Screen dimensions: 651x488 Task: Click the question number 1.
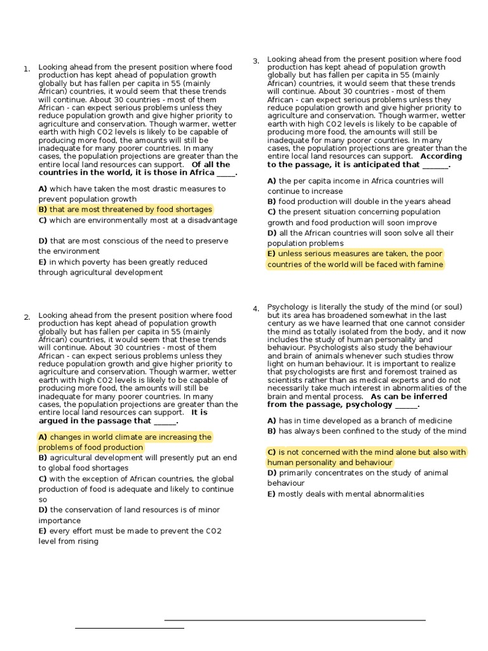[x=27, y=69]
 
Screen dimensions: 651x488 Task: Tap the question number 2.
[x=27, y=317]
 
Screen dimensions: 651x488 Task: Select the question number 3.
[x=255, y=62]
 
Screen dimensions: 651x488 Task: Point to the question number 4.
[x=255, y=309]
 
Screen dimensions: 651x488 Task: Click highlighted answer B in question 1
[x=125, y=209]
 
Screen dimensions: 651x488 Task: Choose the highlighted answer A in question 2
[x=125, y=442]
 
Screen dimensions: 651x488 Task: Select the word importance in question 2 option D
[x=60, y=521]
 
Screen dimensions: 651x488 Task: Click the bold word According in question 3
[x=441, y=156]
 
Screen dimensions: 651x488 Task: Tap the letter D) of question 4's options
[x=272, y=473]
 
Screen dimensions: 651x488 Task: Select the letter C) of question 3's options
[x=272, y=212]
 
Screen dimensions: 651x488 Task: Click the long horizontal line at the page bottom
[x=295, y=620]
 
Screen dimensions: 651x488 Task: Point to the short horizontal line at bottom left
[x=130, y=628]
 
